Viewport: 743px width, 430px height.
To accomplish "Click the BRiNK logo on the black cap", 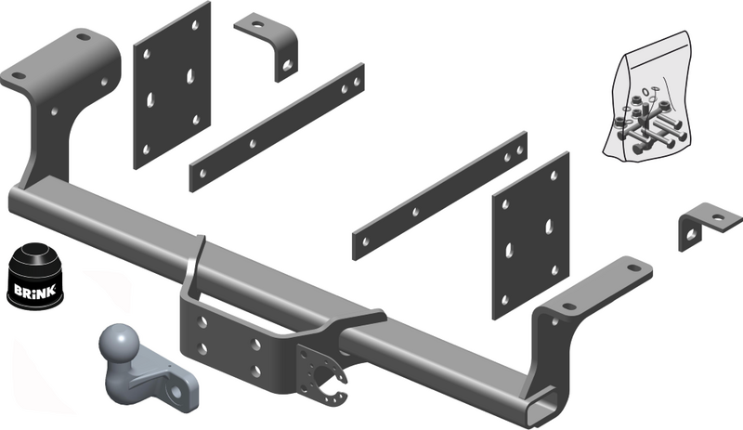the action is (x=34, y=290).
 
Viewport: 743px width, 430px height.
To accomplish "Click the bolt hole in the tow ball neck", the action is (x=176, y=392).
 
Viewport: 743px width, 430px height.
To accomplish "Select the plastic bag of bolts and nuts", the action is (x=647, y=98).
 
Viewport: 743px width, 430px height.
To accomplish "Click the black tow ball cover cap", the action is (x=34, y=278).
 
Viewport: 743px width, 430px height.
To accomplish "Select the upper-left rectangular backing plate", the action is (x=172, y=85).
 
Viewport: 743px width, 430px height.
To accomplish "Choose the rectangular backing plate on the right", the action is (x=530, y=236).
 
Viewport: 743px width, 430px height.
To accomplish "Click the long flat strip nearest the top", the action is (x=277, y=127).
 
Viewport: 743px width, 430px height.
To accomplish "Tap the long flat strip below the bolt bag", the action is (x=439, y=196).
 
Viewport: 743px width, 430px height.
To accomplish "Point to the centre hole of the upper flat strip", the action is (x=253, y=143).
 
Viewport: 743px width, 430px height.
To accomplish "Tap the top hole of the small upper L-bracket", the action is (x=256, y=23).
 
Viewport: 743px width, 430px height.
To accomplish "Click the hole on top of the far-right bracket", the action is (x=718, y=218).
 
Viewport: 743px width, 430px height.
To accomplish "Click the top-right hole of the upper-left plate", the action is (x=195, y=25).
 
